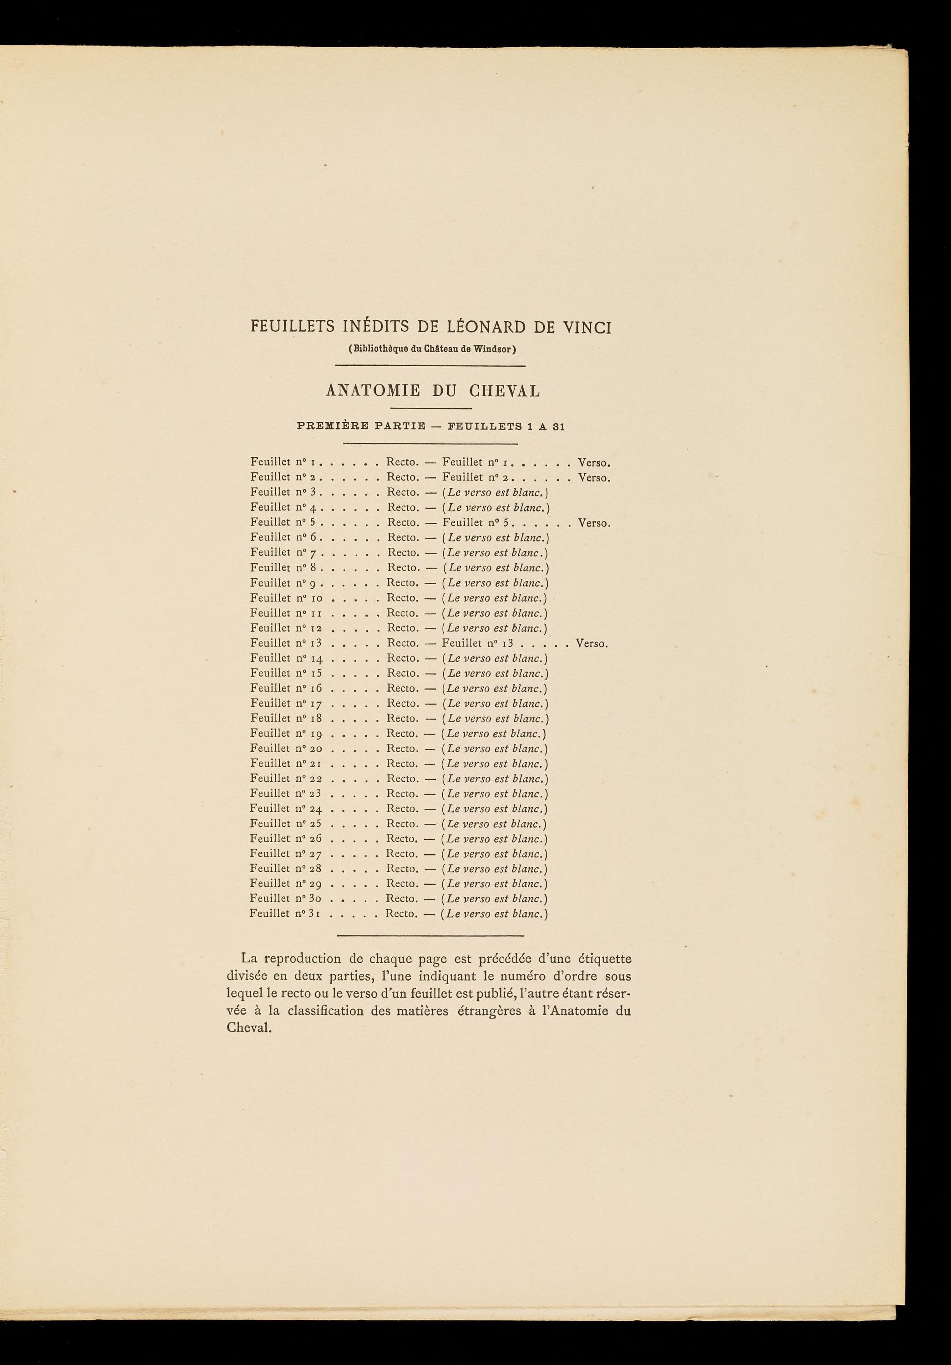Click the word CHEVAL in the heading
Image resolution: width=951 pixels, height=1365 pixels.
tap(505, 391)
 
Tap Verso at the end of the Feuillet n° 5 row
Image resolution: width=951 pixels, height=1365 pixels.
tap(594, 523)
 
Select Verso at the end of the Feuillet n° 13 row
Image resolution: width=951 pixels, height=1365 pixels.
tap(592, 643)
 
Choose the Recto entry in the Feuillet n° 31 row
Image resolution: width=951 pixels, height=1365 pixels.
tap(402, 914)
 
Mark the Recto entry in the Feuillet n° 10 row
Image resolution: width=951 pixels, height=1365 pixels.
tap(403, 598)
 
